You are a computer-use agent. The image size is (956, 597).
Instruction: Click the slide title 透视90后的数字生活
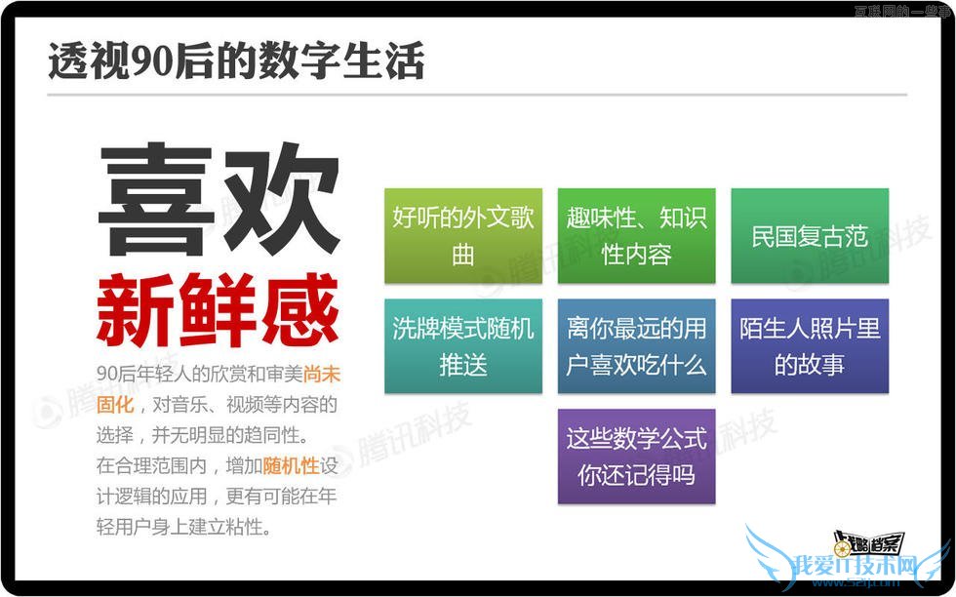[236, 60]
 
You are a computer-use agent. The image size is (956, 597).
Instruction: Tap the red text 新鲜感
[218, 309]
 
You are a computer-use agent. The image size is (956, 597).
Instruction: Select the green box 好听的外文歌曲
[463, 235]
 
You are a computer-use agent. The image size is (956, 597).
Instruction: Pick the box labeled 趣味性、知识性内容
[636, 235]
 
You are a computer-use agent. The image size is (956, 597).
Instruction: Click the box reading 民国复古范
[810, 236]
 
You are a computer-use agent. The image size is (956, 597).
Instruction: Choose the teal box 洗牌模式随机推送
[463, 346]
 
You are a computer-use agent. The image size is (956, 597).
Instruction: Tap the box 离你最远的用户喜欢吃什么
[636, 346]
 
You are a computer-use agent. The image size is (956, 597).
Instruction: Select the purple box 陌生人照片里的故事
[810, 346]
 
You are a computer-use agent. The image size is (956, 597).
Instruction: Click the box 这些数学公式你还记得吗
[636, 457]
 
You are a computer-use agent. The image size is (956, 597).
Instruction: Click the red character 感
[299, 309]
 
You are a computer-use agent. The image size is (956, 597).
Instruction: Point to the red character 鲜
[218, 309]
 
